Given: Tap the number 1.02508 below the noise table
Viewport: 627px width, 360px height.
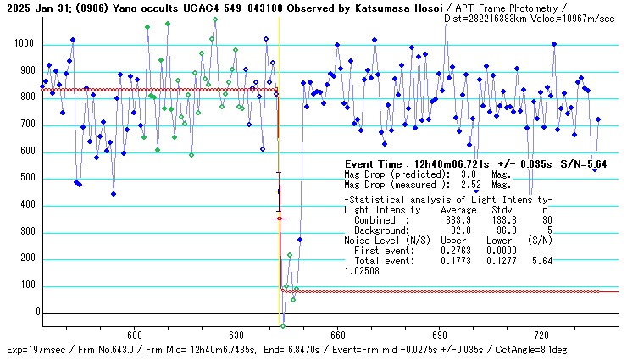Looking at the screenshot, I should tap(363, 271).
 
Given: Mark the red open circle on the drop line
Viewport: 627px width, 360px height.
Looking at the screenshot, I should tap(279, 219).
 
